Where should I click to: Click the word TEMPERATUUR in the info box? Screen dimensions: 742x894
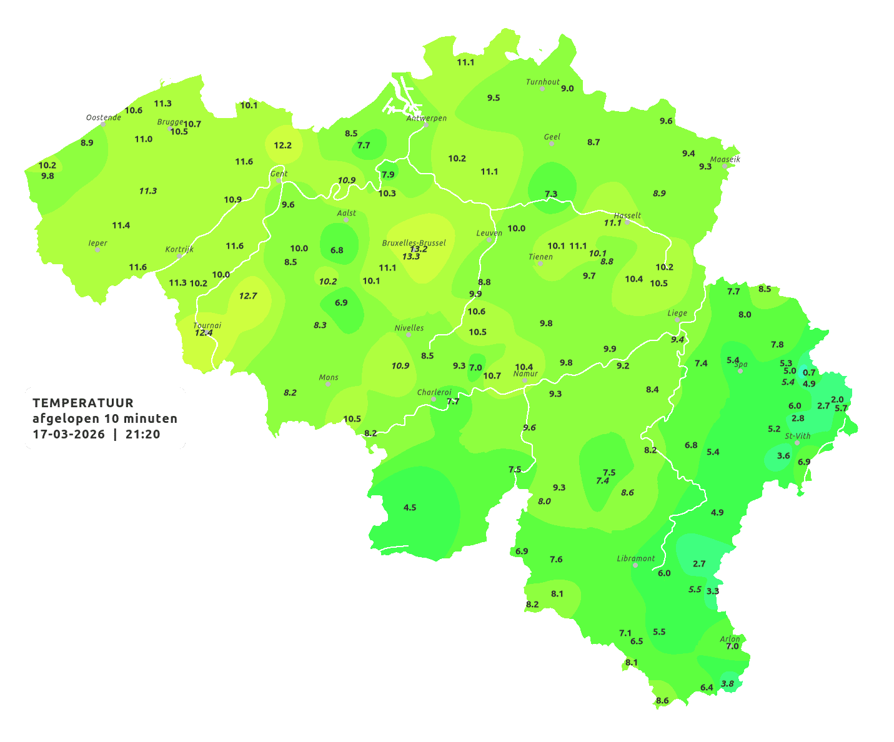(82, 403)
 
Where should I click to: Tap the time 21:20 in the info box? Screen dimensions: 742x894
(142, 435)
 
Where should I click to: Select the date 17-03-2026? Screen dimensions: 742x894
(69, 435)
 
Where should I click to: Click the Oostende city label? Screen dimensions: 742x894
(103, 117)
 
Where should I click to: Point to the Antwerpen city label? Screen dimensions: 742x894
(427, 118)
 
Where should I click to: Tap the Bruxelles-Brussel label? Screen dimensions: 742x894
(414, 242)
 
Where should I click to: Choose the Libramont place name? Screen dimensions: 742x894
(635, 558)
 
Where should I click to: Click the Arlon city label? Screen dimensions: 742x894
(729, 638)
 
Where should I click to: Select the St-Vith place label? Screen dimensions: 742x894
(797, 436)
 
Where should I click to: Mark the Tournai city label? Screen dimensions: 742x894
(207, 325)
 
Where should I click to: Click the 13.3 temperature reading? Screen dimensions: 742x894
(411, 257)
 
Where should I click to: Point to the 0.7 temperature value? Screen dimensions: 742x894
(809, 372)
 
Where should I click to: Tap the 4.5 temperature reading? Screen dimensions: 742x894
(410, 507)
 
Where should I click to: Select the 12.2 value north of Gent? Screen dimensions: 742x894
(282, 145)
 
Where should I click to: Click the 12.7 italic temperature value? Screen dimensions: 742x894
(248, 295)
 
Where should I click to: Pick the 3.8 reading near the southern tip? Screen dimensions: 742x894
(728, 683)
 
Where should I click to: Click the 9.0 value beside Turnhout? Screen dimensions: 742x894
(567, 89)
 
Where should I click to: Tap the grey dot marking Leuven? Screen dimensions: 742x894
(489, 240)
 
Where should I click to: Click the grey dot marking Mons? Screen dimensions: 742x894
(328, 384)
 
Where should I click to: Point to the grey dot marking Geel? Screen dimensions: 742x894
(552, 144)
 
